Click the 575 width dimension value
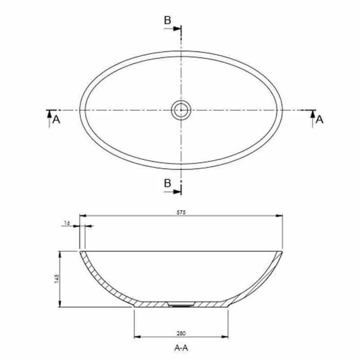(x=181, y=212)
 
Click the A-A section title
(x=181, y=347)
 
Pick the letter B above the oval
(x=167, y=20)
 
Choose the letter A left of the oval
(x=56, y=119)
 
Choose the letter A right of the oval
(x=319, y=119)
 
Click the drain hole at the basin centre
(x=181, y=110)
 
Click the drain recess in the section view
(x=181, y=305)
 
